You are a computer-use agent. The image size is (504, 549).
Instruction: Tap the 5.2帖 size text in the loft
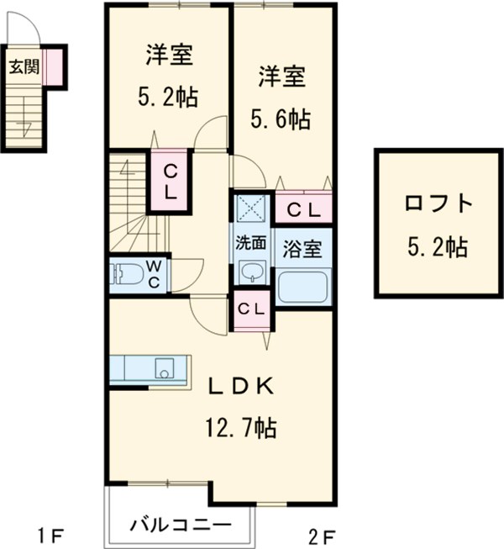[437, 247]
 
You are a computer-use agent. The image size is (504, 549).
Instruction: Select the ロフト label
[437, 204]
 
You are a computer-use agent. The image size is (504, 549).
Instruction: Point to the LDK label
[240, 386]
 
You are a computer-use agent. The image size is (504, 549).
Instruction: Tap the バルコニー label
[180, 526]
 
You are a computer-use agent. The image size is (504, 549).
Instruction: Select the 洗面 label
[250, 244]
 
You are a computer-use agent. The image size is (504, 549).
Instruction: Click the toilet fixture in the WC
[127, 274]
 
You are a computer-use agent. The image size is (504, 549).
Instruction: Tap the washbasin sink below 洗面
[250, 272]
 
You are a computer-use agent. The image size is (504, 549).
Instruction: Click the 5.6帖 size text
[281, 120]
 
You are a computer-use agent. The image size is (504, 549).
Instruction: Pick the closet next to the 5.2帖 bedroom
[170, 182]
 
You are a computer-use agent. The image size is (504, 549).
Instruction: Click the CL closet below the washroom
[250, 309]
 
